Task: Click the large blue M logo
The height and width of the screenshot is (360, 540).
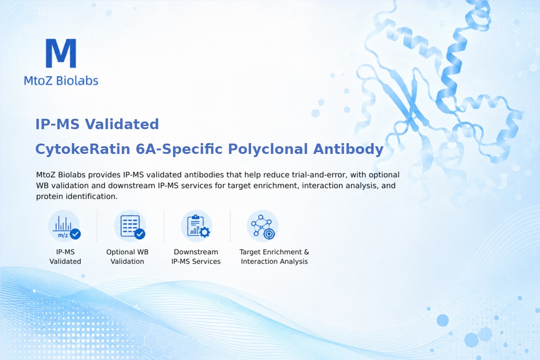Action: (x=61, y=53)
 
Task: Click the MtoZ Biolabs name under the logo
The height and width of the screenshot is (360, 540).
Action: (x=61, y=81)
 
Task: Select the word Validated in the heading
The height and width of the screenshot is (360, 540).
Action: (x=122, y=124)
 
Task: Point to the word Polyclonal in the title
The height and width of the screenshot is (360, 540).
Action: (x=268, y=149)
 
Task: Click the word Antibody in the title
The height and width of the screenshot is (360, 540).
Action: (x=348, y=149)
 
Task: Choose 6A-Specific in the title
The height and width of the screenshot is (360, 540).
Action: (x=179, y=149)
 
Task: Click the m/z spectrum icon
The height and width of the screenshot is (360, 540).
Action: (x=64, y=226)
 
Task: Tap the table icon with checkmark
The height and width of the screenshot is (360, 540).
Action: (x=130, y=226)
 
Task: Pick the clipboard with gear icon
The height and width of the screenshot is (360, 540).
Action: (x=197, y=226)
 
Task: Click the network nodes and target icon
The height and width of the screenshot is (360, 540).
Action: (x=263, y=226)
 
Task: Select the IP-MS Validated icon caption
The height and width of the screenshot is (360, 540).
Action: (x=65, y=256)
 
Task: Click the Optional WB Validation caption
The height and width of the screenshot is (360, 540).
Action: (x=127, y=256)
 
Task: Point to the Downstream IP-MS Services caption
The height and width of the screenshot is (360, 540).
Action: (x=196, y=256)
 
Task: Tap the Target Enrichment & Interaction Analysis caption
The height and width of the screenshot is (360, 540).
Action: (x=274, y=256)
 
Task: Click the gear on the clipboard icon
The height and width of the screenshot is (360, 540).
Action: (x=205, y=232)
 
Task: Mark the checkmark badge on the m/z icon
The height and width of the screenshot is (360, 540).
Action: (x=75, y=234)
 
